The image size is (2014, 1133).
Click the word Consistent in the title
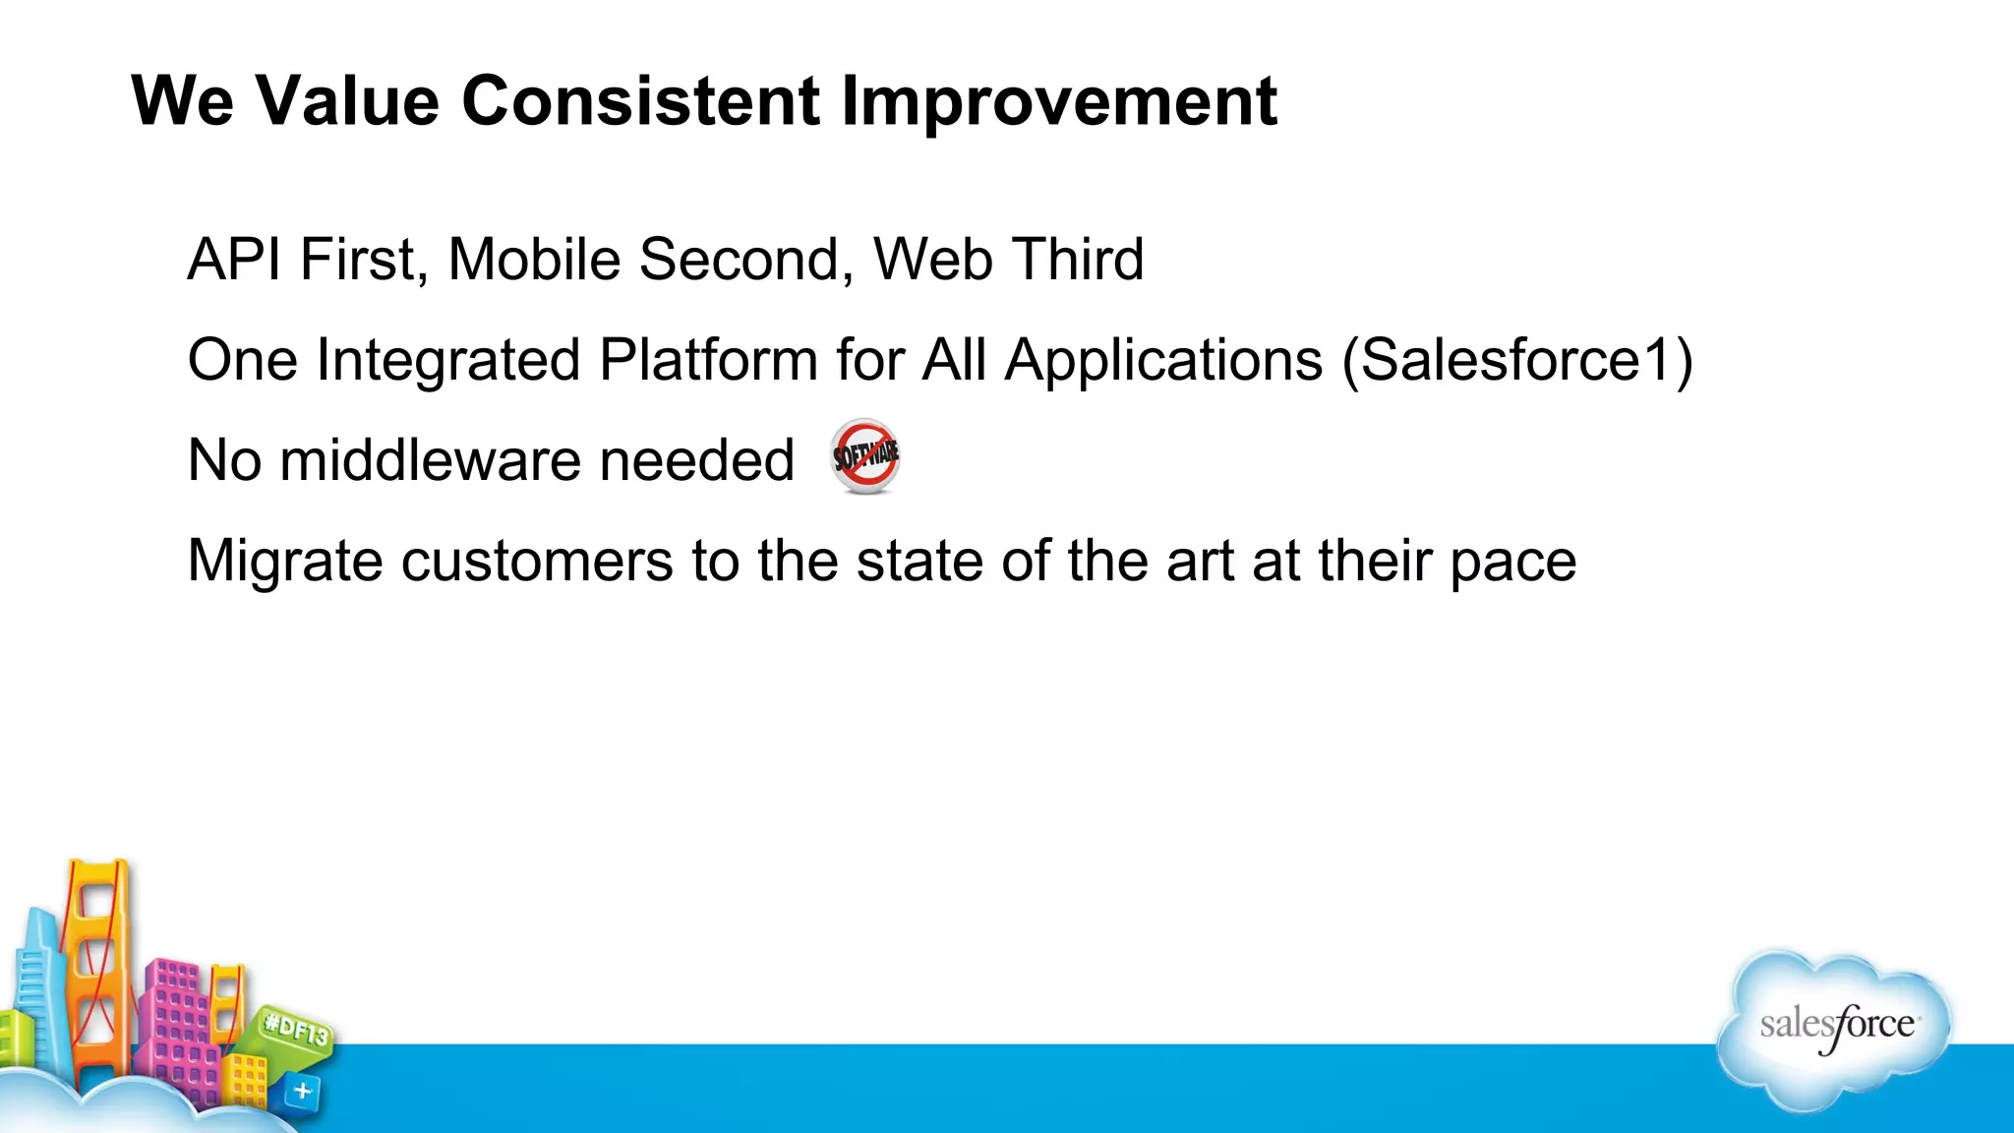pyautogui.click(x=640, y=101)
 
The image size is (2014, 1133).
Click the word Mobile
pyautogui.click(x=534, y=260)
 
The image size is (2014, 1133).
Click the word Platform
pyautogui.click(x=708, y=361)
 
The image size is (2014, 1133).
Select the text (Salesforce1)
pyautogui.click(x=1517, y=361)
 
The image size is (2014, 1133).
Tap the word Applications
pyautogui.click(x=1163, y=361)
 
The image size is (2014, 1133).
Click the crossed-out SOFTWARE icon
pyautogui.click(x=864, y=456)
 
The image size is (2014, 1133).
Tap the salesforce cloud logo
pyautogui.click(x=1835, y=1029)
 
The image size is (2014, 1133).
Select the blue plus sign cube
pyautogui.click(x=302, y=1091)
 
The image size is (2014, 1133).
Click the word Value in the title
pyautogui.click(x=347, y=101)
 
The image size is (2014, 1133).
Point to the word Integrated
pyautogui.click(x=448, y=361)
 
